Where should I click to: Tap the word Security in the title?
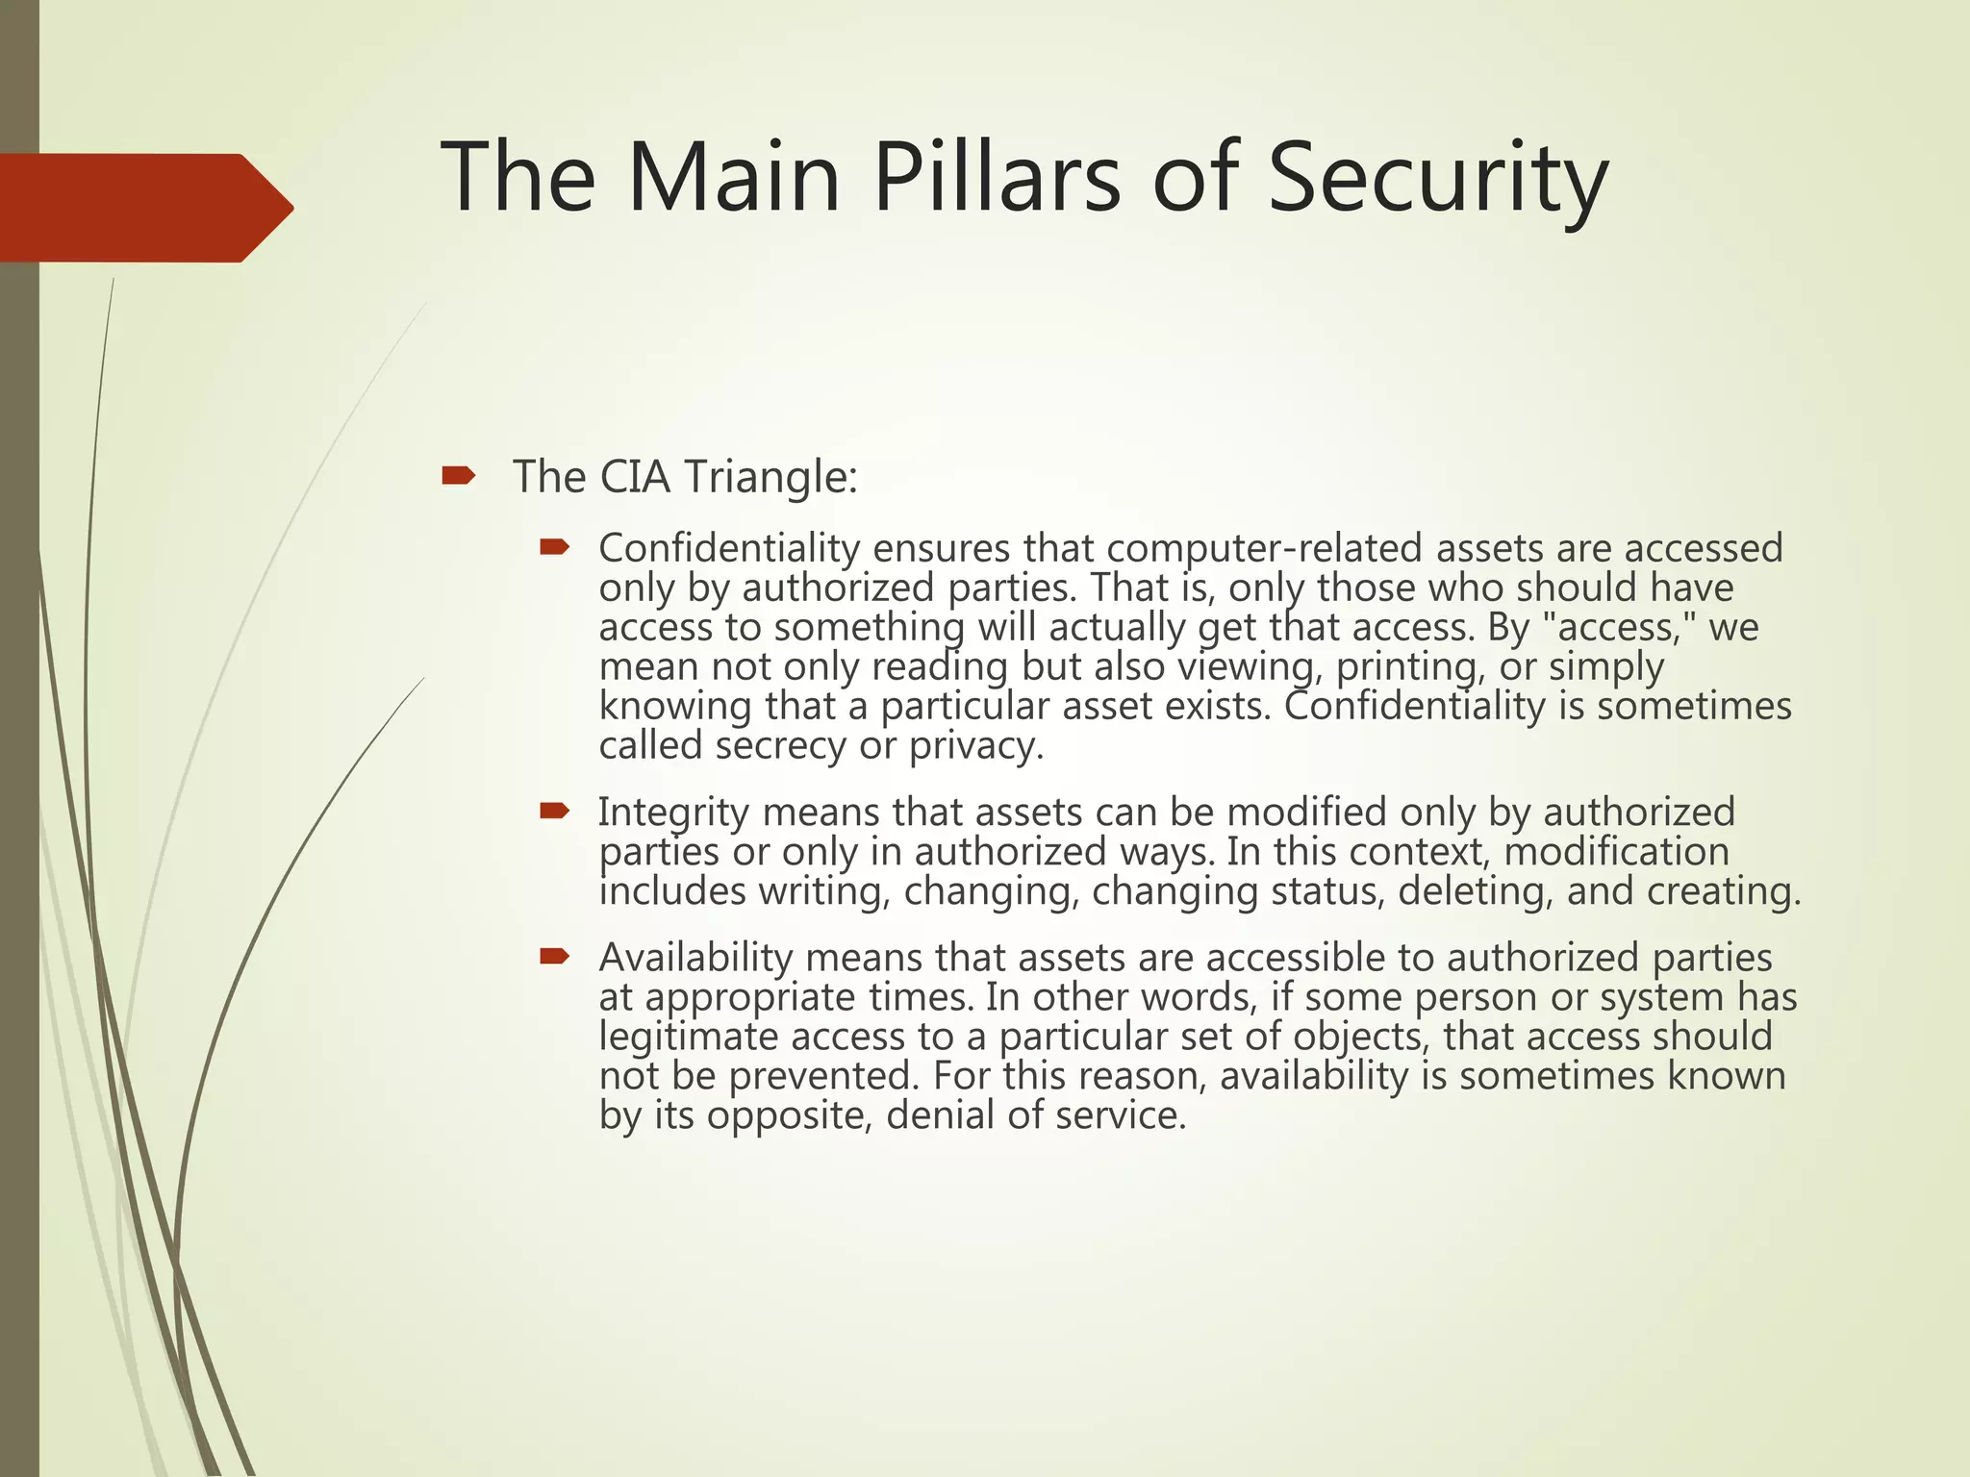[x=1437, y=178]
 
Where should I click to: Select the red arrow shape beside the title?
[x=144, y=208]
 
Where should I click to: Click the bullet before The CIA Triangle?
[x=458, y=475]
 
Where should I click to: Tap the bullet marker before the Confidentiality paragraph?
[x=555, y=548]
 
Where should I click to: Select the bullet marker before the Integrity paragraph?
[x=555, y=812]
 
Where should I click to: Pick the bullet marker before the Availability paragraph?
[x=555, y=956]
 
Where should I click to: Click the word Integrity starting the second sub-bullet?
[x=673, y=814]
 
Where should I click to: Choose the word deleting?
[x=1476, y=891]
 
